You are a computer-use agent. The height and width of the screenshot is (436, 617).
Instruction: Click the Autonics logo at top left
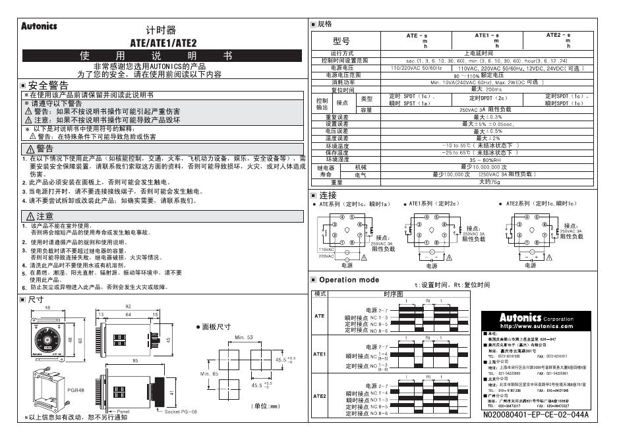point(40,27)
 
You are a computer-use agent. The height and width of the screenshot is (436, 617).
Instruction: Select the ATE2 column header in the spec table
point(558,35)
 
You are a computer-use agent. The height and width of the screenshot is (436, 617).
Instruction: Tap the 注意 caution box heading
point(40,216)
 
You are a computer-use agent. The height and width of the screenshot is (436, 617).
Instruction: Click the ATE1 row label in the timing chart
point(320,354)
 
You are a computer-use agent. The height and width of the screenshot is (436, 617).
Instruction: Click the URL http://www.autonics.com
point(537,326)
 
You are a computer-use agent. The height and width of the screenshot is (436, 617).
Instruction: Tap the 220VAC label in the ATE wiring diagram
point(326,256)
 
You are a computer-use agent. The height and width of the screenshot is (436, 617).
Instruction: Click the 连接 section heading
point(328,196)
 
